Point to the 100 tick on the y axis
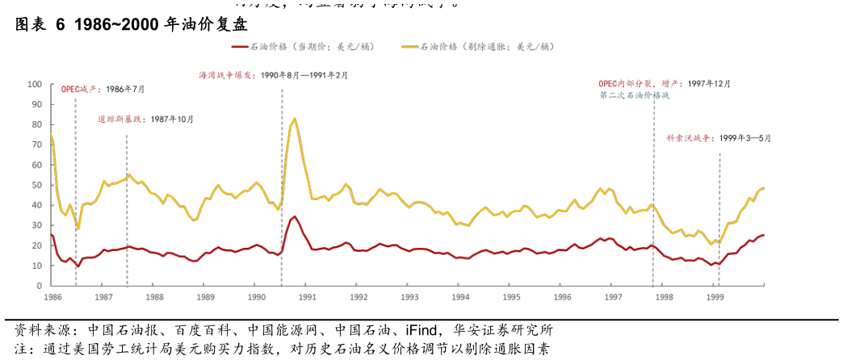point(35,84)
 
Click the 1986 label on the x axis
point(52,297)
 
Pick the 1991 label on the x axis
point(307,297)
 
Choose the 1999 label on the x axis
point(715,297)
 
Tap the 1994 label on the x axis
point(459,297)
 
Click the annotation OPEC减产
point(82,90)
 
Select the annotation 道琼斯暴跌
point(122,119)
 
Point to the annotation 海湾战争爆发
point(227,75)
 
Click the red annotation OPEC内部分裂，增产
point(640,84)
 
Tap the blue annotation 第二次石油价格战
point(635,95)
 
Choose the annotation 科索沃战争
point(691,139)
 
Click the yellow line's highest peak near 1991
point(295,119)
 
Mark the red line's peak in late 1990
point(295,216)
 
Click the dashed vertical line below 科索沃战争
point(719,218)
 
